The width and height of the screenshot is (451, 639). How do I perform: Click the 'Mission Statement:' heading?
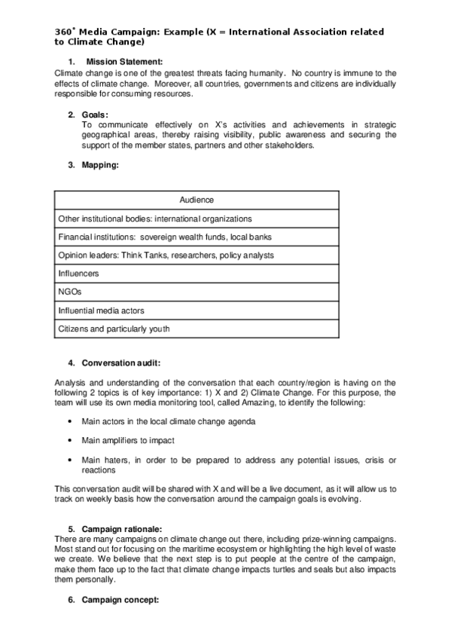click(124, 60)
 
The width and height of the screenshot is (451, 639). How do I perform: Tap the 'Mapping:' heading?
click(101, 165)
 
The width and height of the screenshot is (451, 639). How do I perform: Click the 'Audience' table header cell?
click(197, 200)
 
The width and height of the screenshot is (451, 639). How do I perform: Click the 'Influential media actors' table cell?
click(101, 310)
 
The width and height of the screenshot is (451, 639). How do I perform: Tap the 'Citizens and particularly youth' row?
click(114, 329)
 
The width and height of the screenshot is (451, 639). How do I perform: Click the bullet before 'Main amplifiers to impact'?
click(70, 440)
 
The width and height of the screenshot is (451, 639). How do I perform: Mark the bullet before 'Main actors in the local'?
click(70, 421)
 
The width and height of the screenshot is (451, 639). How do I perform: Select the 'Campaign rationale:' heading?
click(122, 529)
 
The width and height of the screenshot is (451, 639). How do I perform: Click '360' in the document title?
click(63, 32)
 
